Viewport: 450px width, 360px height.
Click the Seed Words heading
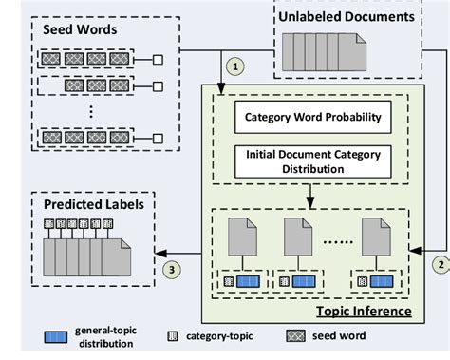click(81, 30)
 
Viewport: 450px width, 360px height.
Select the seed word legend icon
click(297, 335)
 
